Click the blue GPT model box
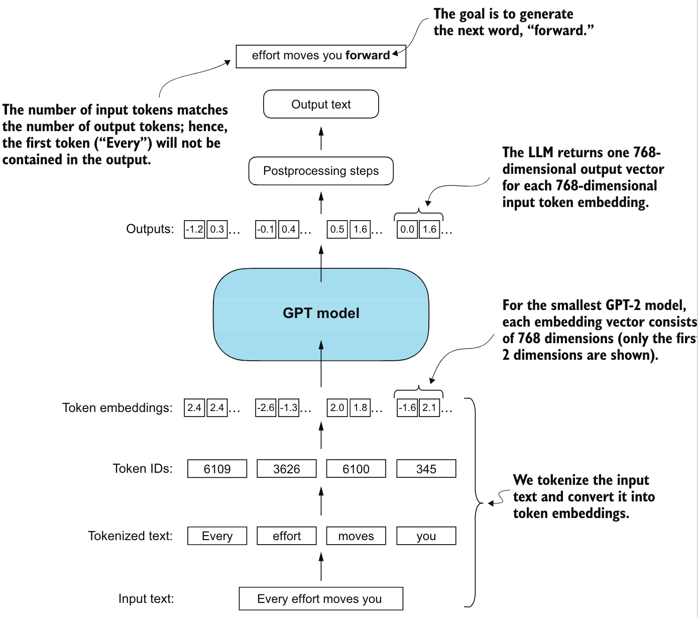coord(321,315)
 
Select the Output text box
coord(321,104)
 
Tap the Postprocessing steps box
coord(321,171)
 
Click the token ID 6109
coord(217,469)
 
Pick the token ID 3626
coord(286,469)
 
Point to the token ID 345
coord(426,469)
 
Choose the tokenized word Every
coord(217,536)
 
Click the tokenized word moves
coord(356,536)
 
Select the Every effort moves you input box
coord(321,599)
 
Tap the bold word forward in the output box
coord(368,55)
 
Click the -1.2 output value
coord(194,229)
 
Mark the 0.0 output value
coord(407,229)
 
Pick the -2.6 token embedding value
coord(266,408)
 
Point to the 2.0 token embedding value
coord(337,408)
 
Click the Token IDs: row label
coord(143,469)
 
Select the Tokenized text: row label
coord(130,536)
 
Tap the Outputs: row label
coord(150,229)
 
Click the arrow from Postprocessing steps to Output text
coord(321,138)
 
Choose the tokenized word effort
coord(286,536)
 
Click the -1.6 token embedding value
coord(407,408)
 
